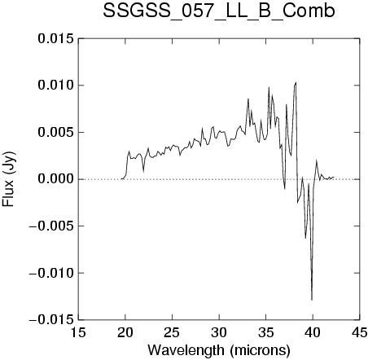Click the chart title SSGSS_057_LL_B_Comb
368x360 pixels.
click(219, 11)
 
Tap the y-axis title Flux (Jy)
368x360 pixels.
click(8, 179)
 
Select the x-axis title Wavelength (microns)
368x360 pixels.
click(219, 350)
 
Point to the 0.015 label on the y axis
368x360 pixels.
click(56, 38)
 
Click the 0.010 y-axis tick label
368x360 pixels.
click(56, 86)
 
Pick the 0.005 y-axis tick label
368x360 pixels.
click(56, 133)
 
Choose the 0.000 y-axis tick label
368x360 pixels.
click(56, 179)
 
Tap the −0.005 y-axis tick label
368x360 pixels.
click(51, 226)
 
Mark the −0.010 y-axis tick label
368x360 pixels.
click(51, 273)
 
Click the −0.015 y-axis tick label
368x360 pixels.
click(51, 320)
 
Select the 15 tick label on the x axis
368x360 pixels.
click(78, 332)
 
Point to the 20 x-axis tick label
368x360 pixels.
click(125, 332)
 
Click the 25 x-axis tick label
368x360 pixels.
click(172, 332)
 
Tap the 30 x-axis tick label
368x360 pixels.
click(219, 332)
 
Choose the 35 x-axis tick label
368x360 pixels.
click(266, 332)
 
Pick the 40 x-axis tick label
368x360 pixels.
click(313, 332)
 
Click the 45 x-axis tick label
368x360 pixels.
click(360, 332)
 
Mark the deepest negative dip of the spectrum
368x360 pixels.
click(312, 300)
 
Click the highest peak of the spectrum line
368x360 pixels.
click(296, 82)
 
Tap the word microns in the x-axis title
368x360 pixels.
click(260, 350)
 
